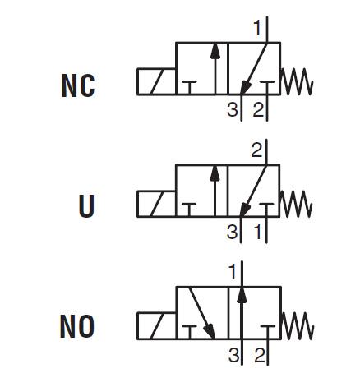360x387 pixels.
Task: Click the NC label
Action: point(78,85)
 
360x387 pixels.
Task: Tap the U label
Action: point(86,206)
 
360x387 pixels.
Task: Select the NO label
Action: point(77,326)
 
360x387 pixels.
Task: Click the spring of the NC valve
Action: point(297,81)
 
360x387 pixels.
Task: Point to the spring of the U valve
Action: point(296,204)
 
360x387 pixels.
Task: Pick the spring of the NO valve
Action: point(298,326)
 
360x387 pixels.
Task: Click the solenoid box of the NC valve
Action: point(156,81)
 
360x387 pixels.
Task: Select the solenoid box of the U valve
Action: point(156,204)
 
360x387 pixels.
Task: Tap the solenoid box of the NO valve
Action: point(156,326)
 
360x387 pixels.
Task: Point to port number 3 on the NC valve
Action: point(233,109)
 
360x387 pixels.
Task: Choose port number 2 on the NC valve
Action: point(258,109)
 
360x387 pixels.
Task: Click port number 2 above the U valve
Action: point(256,150)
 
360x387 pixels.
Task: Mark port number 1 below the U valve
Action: point(258,232)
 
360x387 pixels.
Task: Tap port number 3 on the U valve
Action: point(232,232)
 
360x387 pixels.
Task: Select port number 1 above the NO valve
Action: point(233,272)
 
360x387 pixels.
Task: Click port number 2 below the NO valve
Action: point(260,355)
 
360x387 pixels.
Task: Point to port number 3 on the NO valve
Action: point(233,355)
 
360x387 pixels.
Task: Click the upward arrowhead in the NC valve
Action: point(215,51)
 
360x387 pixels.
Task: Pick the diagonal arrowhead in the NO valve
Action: point(211,332)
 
